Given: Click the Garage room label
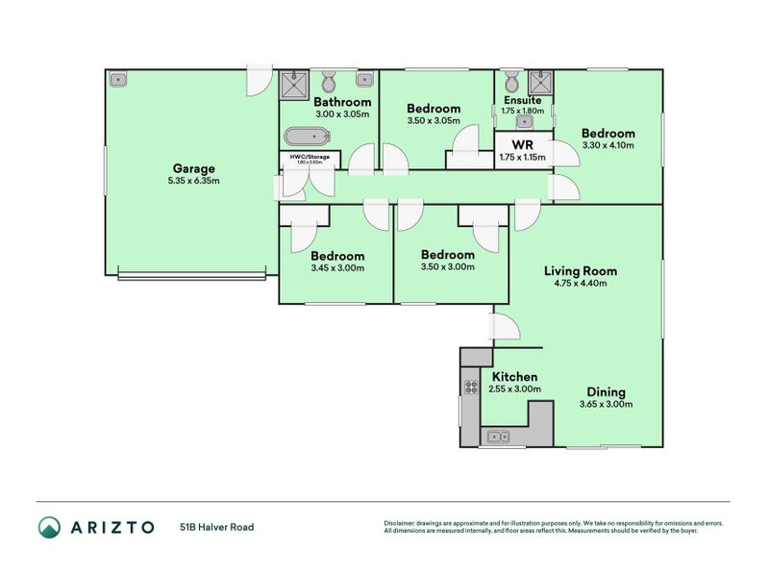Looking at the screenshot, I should tap(193, 167).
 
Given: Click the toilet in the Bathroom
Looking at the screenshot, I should tap(329, 80).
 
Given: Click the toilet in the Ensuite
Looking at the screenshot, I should tap(512, 80).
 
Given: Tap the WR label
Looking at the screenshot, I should tap(522, 145).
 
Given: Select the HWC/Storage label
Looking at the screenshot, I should tap(310, 156).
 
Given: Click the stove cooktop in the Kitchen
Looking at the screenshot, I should tap(472, 388).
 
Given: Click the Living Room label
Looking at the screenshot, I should tap(580, 271).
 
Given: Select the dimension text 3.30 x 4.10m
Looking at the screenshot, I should tap(608, 146).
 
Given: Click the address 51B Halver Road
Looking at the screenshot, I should tap(216, 527).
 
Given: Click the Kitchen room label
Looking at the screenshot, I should tap(514, 377).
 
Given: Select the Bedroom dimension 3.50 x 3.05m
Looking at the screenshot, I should tap(434, 121).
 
